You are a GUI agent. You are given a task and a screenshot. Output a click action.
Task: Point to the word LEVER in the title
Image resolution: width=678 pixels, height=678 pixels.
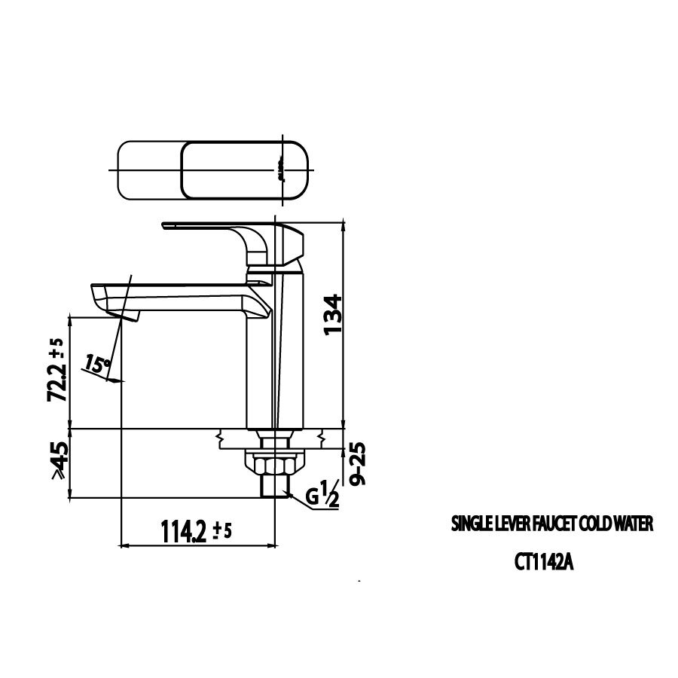tap(512, 524)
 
